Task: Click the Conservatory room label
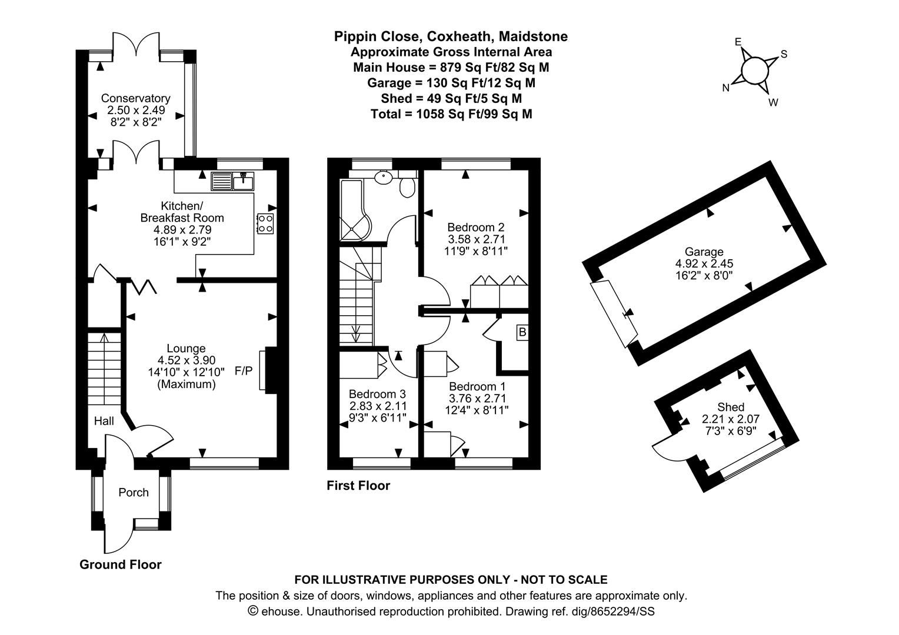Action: tap(136, 98)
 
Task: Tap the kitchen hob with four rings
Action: tap(266, 223)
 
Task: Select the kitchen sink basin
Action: tap(243, 181)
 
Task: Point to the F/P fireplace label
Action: tap(244, 370)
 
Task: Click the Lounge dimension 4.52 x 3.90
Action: tap(187, 360)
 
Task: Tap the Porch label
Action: tap(134, 492)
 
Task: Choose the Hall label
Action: tap(104, 421)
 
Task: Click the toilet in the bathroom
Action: tap(407, 186)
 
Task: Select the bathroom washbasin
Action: tap(384, 176)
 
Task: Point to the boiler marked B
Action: tap(522, 332)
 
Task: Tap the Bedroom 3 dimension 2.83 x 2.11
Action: tap(378, 406)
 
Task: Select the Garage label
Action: tap(704, 252)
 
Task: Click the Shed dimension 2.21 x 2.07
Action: tap(731, 419)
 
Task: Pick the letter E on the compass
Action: tap(738, 42)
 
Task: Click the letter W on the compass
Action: tap(773, 102)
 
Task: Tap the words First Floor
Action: tap(358, 486)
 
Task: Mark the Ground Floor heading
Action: tap(121, 564)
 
